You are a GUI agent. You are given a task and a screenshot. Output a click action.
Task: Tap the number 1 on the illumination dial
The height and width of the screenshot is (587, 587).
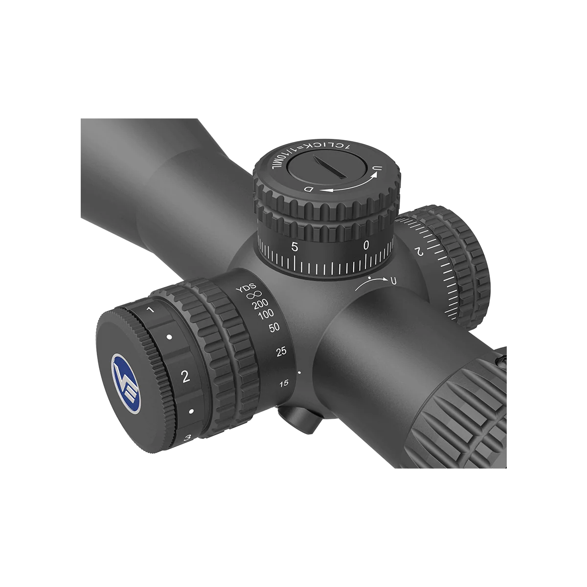[x=150, y=310]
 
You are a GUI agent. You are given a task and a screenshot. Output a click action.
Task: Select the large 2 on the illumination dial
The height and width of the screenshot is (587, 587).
[x=185, y=376]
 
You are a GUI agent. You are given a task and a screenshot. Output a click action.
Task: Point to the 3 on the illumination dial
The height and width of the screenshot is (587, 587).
[x=188, y=438]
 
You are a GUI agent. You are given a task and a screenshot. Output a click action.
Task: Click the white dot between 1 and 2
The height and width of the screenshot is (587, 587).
[x=169, y=337]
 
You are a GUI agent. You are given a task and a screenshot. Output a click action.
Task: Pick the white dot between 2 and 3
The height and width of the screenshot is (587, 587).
[x=191, y=411]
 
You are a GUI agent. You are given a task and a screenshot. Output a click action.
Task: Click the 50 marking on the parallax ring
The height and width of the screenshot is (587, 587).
[x=274, y=328]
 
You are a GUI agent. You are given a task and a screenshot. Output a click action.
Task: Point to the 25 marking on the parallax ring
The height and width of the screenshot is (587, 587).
[x=281, y=352]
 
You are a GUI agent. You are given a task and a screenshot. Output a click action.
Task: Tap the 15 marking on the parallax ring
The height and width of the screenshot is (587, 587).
[x=283, y=384]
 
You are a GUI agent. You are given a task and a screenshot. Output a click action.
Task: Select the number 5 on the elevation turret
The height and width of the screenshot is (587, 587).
[x=294, y=247]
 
